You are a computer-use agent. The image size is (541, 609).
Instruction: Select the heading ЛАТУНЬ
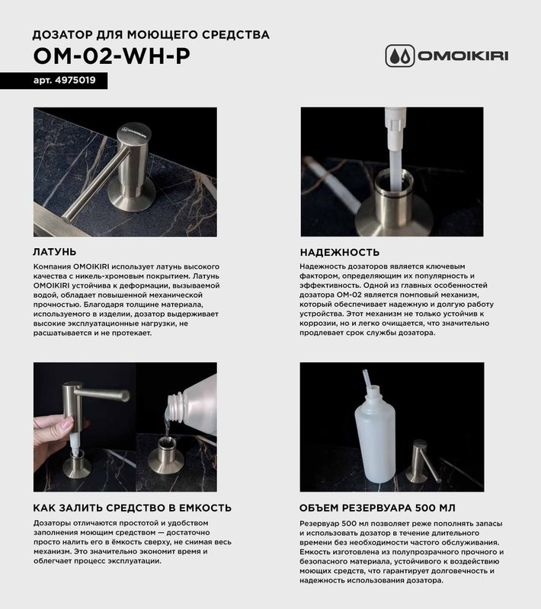56,252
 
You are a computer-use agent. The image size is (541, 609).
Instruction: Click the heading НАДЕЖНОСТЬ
340,252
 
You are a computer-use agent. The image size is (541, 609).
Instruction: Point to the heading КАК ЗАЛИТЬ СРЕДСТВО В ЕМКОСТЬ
133,508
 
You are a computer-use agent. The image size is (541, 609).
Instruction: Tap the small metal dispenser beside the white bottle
421,461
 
